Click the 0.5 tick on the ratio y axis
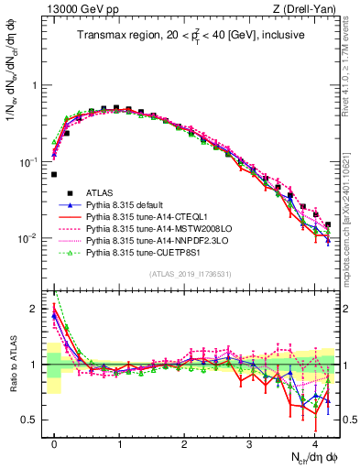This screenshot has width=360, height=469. click(32, 420)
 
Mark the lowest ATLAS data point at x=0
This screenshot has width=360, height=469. click(54, 174)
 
